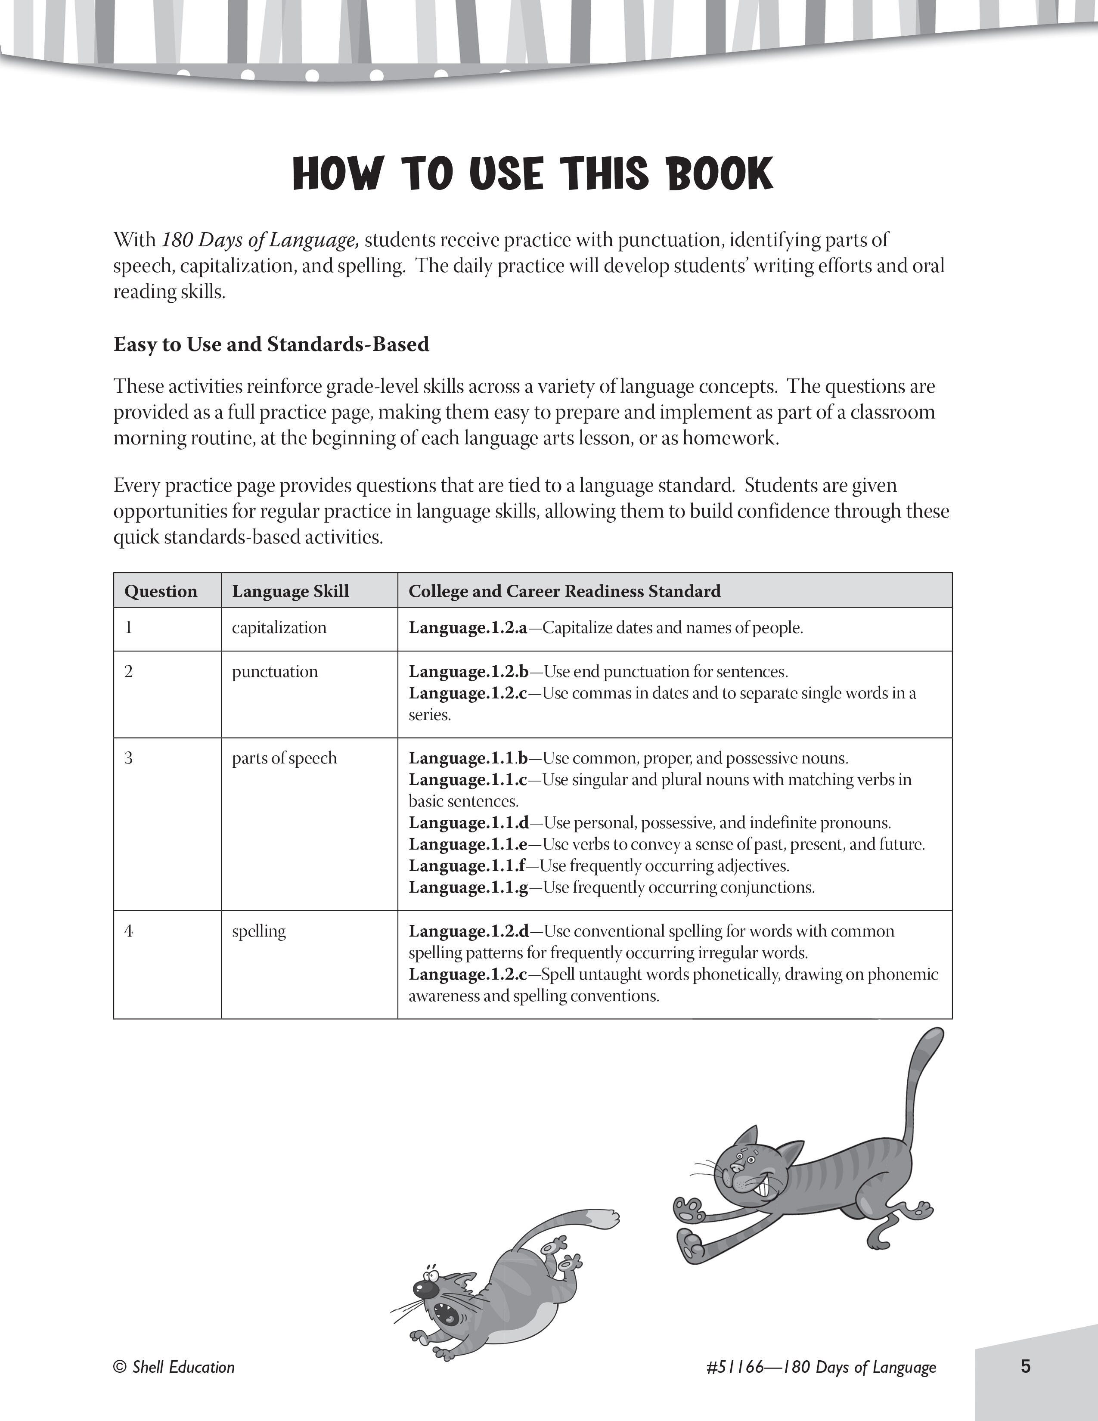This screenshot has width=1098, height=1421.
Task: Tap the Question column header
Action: click(x=161, y=591)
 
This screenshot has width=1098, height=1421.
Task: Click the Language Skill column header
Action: click(x=290, y=591)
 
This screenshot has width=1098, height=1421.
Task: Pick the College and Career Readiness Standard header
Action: click(x=564, y=591)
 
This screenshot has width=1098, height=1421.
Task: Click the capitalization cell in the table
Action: click(x=279, y=628)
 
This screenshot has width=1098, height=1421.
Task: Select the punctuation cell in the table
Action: click(x=275, y=671)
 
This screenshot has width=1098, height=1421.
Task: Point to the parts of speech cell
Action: click(x=284, y=758)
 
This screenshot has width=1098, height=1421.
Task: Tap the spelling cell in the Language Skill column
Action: click(x=259, y=931)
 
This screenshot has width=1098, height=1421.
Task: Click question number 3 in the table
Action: click(x=129, y=758)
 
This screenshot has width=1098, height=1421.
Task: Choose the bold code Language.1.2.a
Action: click(x=468, y=628)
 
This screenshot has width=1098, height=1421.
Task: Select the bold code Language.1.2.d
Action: click(x=468, y=931)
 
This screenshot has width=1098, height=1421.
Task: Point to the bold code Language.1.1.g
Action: click(x=468, y=887)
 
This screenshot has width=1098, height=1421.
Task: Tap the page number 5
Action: click(x=1025, y=1366)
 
